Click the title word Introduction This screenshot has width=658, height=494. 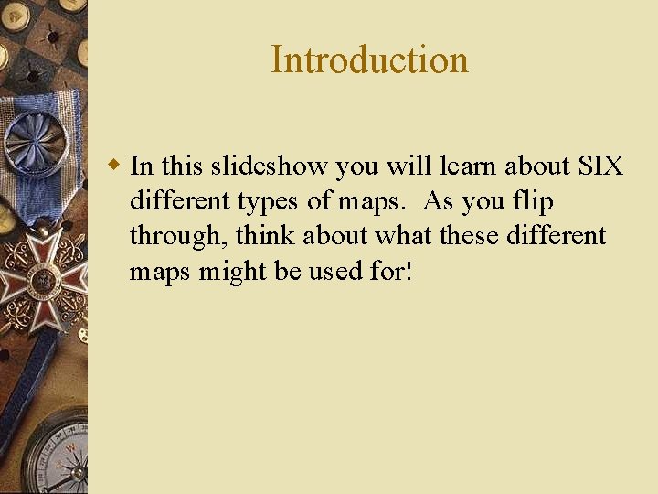tap(369, 60)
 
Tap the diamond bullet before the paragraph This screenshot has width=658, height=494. tap(114, 166)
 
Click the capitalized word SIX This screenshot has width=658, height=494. tap(600, 166)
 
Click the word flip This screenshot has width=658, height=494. tap(534, 201)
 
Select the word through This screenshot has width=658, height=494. tap(177, 237)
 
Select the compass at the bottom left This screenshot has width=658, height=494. tap(55, 457)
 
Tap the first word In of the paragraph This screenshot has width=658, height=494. tap(142, 166)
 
